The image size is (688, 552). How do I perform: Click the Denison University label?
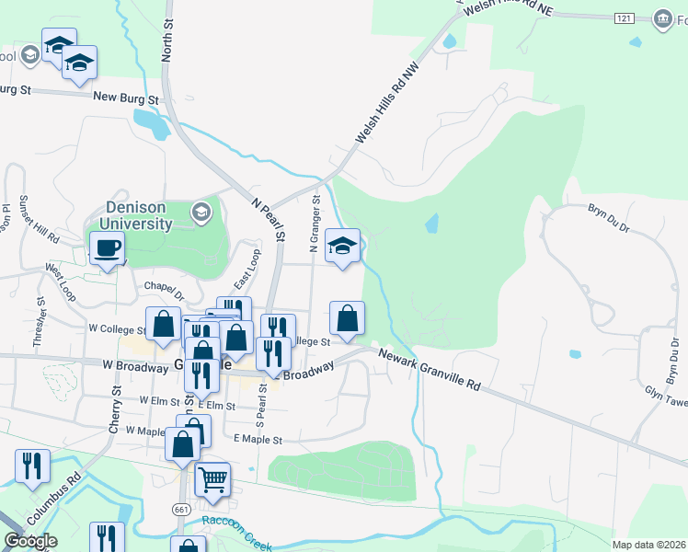click(x=138, y=214)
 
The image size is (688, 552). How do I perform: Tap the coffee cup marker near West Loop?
click(x=108, y=247)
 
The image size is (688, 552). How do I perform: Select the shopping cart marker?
click(x=212, y=478)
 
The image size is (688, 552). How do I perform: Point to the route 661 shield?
click(x=180, y=509)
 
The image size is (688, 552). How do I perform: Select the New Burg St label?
click(x=126, y=97)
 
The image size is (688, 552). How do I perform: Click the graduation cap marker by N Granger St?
click(x=343, y=246)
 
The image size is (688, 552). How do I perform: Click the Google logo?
click(x=30, y=540)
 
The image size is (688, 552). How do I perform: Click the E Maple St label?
click(x=258, y=440)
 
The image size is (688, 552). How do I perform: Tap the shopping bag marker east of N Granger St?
click(x=347, y=319)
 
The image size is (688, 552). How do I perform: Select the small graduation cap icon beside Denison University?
click(x=201, y=213)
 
